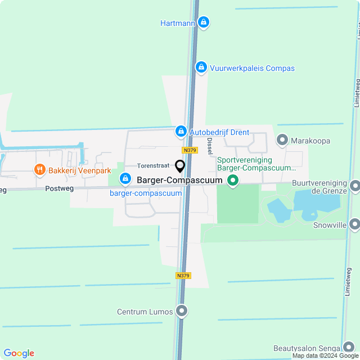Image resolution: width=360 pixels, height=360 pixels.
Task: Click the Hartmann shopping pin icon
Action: pyautogui.click(x=204, y=23)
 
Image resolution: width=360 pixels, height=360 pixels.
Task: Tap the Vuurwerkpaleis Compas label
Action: pyautogui.click(x=252, y=68)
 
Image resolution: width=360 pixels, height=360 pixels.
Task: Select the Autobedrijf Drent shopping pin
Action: pyautogui.click(x=181, y=132)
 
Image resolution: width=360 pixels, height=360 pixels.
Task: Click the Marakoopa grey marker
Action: pyautogui.click(x=282, y=140)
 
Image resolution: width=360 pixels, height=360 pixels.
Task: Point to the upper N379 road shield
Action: pyautogui.click(x=190, y=150)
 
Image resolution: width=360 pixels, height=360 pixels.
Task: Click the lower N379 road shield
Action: pyautogui.click(x=183, y=276)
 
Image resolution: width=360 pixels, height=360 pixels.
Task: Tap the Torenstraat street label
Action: pyautogui.click(x=154, y=166)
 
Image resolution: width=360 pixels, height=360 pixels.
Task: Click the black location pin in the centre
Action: pyautogui.click(x=180, y=166)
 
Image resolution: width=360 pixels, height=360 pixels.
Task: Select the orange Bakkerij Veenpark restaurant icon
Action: pyautogui.click(x=39, y=169)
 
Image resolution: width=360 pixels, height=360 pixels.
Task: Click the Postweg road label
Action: pyautogui.click(x=59, y=189)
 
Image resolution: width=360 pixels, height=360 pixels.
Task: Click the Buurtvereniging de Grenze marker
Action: pyautogui.click(x=354, y=186)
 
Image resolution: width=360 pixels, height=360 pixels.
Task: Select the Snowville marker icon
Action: pyautogui.click(x=354, y=225)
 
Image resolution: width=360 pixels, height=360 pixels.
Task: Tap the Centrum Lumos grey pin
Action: pyautogui.click(x=181, y=311)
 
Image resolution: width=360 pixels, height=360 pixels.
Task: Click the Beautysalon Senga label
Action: pyautogui.click(x=307, y=348)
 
